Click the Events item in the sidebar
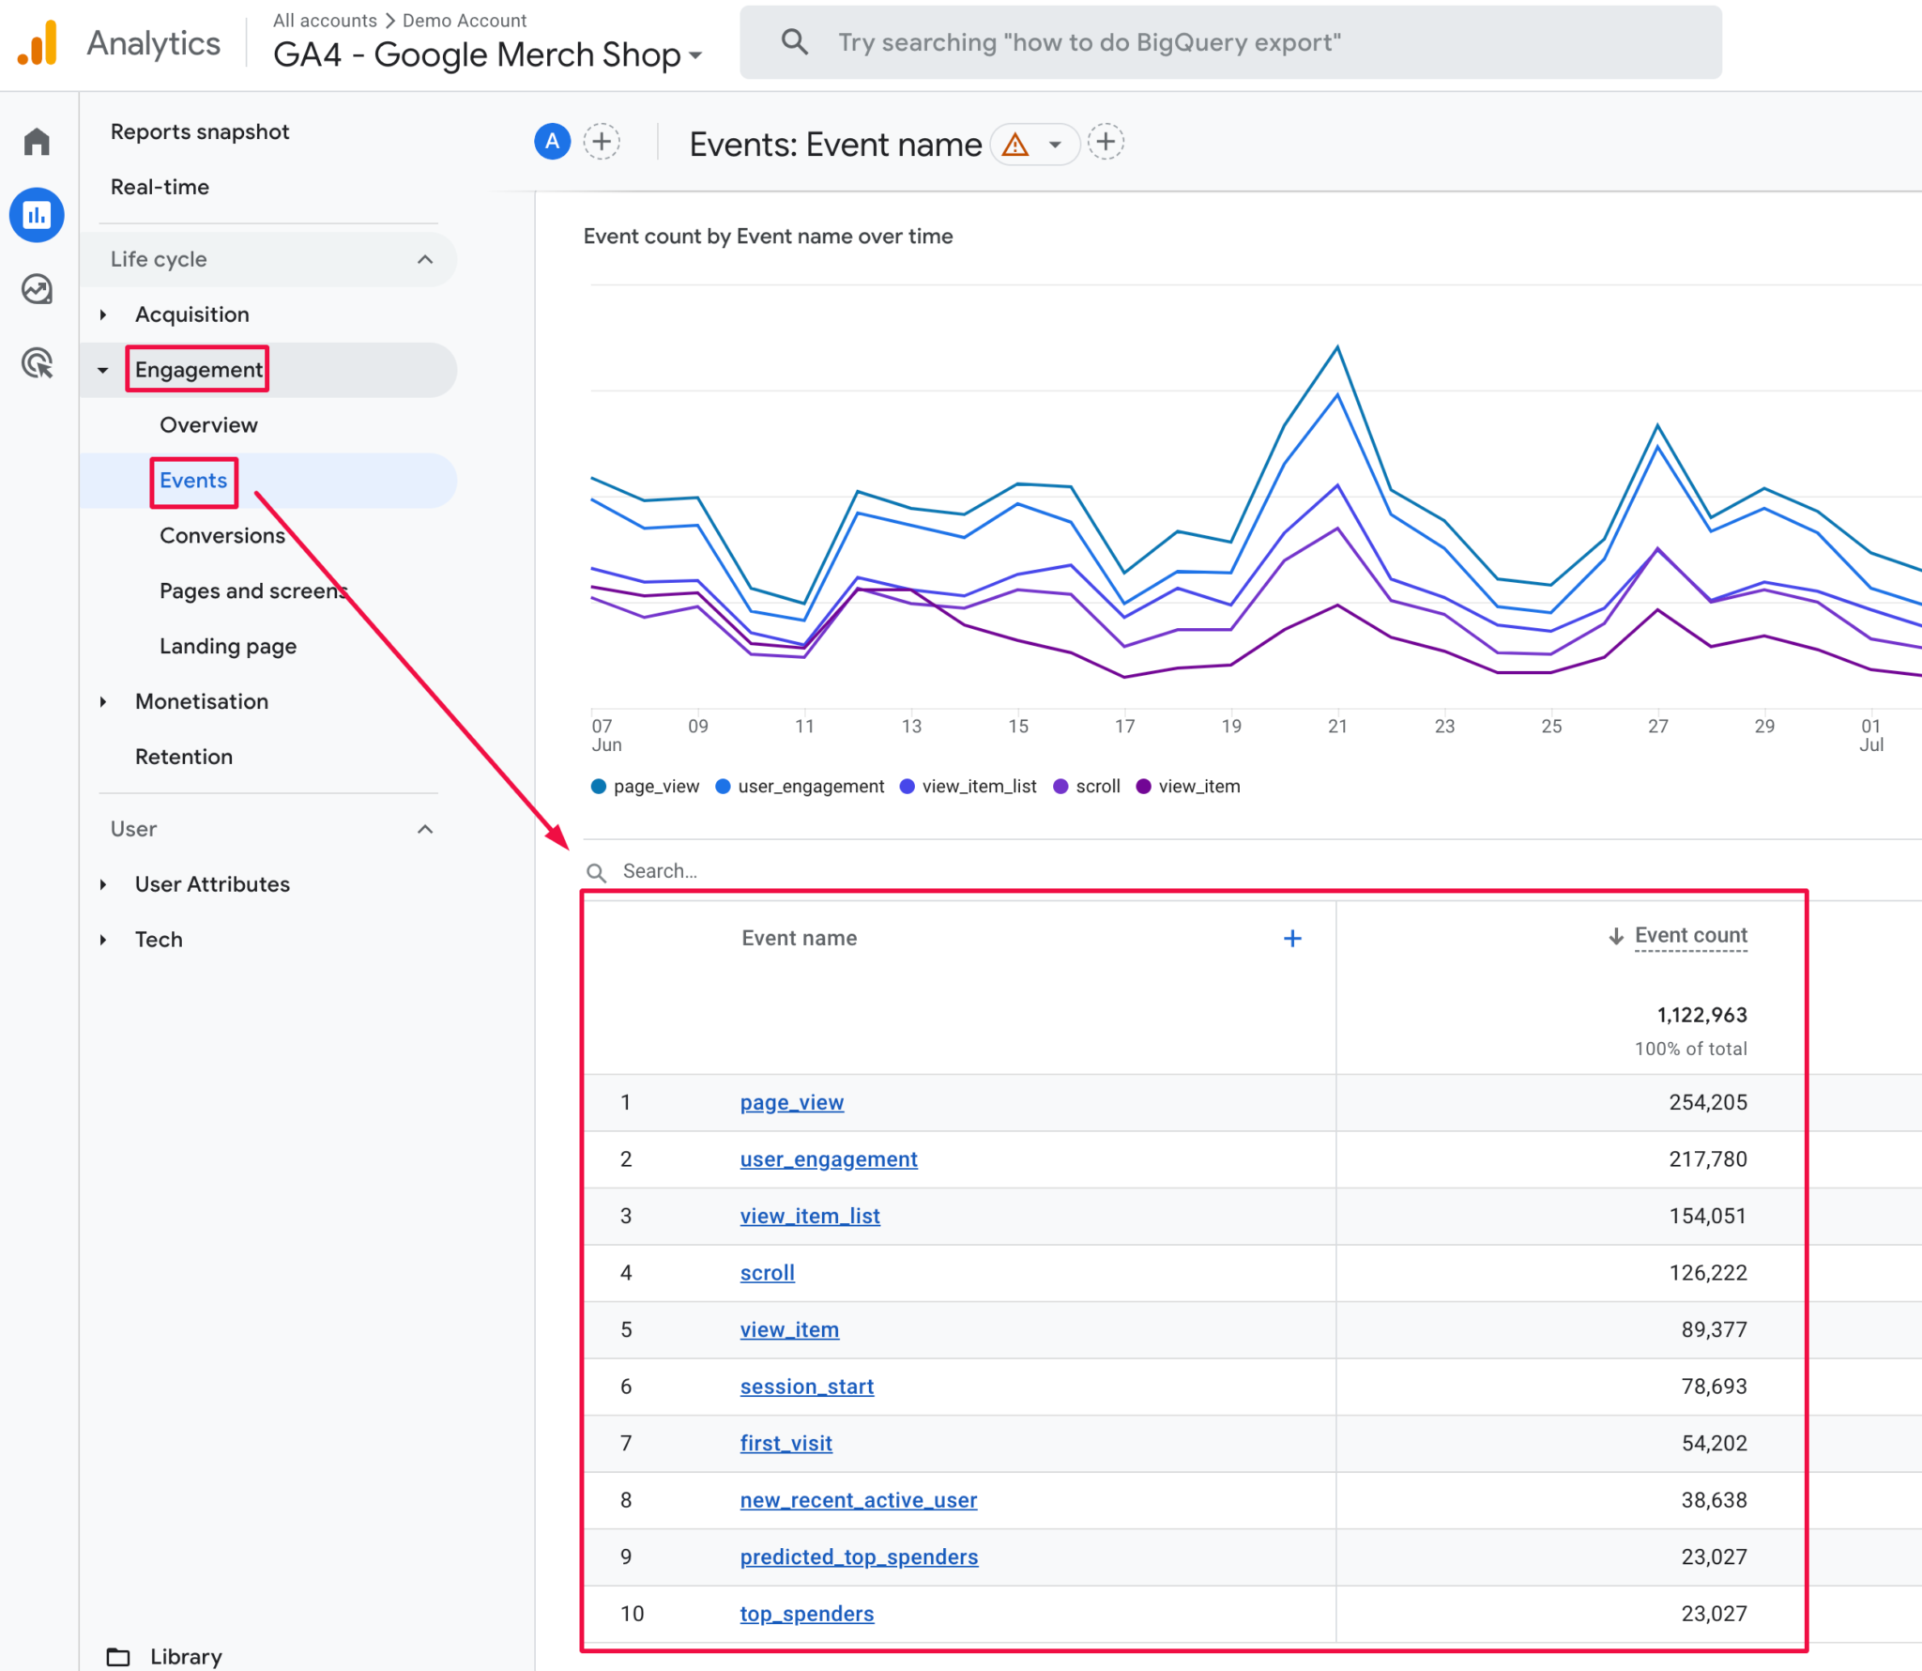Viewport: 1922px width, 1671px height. click(x=193, y=481)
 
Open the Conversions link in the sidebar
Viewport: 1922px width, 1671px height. click(x=221, y=536)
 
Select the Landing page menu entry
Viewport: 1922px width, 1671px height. click(x=227, y=647)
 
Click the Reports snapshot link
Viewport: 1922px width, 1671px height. click(x=199, y=131)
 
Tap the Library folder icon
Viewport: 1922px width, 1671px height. click(x=118, y=1657)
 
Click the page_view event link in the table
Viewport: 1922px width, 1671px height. click(x=791, y=1103)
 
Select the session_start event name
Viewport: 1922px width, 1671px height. click(x=806, y=1387)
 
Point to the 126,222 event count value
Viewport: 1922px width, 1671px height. click(x=1707, y=1273)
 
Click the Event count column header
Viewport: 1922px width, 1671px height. click(x=1689, y=936)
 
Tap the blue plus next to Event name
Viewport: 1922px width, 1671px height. click(x=1292, y=939)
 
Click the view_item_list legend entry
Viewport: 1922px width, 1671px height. click(x=978, y=787)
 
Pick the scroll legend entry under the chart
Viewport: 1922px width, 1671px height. click(x=1097, y=787)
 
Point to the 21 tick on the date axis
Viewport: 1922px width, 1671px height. click(x=1337, y=727)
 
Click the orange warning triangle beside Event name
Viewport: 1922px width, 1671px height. click(x=1015, y=145)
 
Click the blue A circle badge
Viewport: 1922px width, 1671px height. click(x=552, y=142)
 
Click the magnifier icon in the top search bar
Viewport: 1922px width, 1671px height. click(x=794, y=42)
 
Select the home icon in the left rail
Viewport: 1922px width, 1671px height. click(x=37, y=142)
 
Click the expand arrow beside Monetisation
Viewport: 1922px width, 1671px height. click(x=103, y=702)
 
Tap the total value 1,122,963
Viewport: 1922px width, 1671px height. click(x=1701, y=1016)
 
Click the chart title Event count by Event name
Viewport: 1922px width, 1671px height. click(x=767, y=237)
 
